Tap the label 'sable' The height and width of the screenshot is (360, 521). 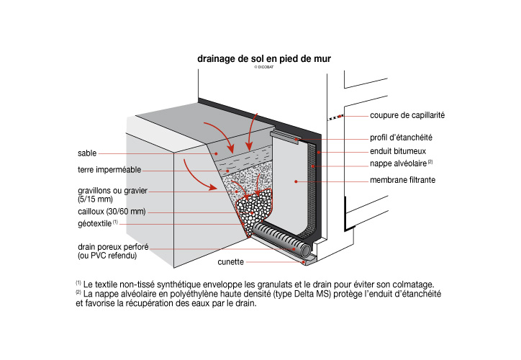coord(87,153)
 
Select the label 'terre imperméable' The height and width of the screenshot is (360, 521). coord(109,171)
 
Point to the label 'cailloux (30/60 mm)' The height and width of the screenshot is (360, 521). coord(111,212)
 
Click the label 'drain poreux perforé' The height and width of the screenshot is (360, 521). coord(113,246)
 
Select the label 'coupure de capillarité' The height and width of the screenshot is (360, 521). coord(407,115)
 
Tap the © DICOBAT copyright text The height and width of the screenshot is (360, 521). coord(266,66)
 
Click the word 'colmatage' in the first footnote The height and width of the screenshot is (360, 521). coord(411,284)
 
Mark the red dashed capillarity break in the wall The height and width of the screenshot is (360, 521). coord(335,116)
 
